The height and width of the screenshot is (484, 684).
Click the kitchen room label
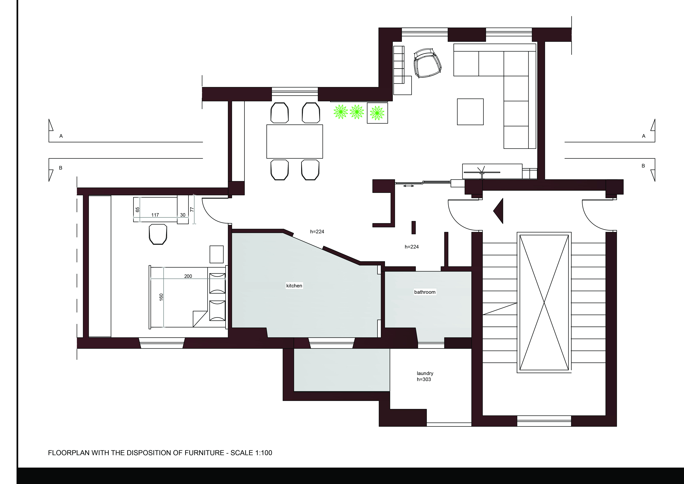tap(294, 285)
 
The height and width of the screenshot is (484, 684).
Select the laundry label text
tap(425, 373)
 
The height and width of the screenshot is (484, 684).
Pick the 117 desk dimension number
tap(155, 215)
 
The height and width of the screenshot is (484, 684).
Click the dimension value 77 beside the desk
tap(192, 210)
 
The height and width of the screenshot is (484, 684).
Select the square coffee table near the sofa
tap(470, 112)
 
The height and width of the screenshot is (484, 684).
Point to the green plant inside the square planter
tap(377, 113)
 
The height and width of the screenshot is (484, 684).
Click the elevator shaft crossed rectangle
tap(544, 302)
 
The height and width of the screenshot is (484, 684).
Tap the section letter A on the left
tap(61, 136)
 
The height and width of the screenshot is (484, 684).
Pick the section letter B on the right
tap(643, 166)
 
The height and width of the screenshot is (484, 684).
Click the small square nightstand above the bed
tap(217, 254)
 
